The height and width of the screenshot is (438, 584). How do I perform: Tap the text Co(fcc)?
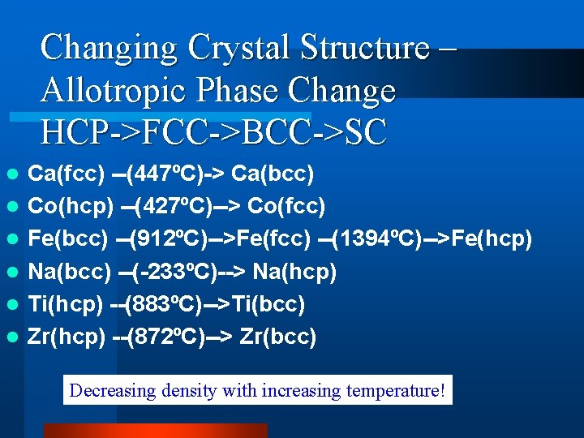click(284, 206)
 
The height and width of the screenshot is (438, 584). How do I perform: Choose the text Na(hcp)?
click(294, 272)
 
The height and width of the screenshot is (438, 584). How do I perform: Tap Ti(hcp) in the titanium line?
click(65, 304)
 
